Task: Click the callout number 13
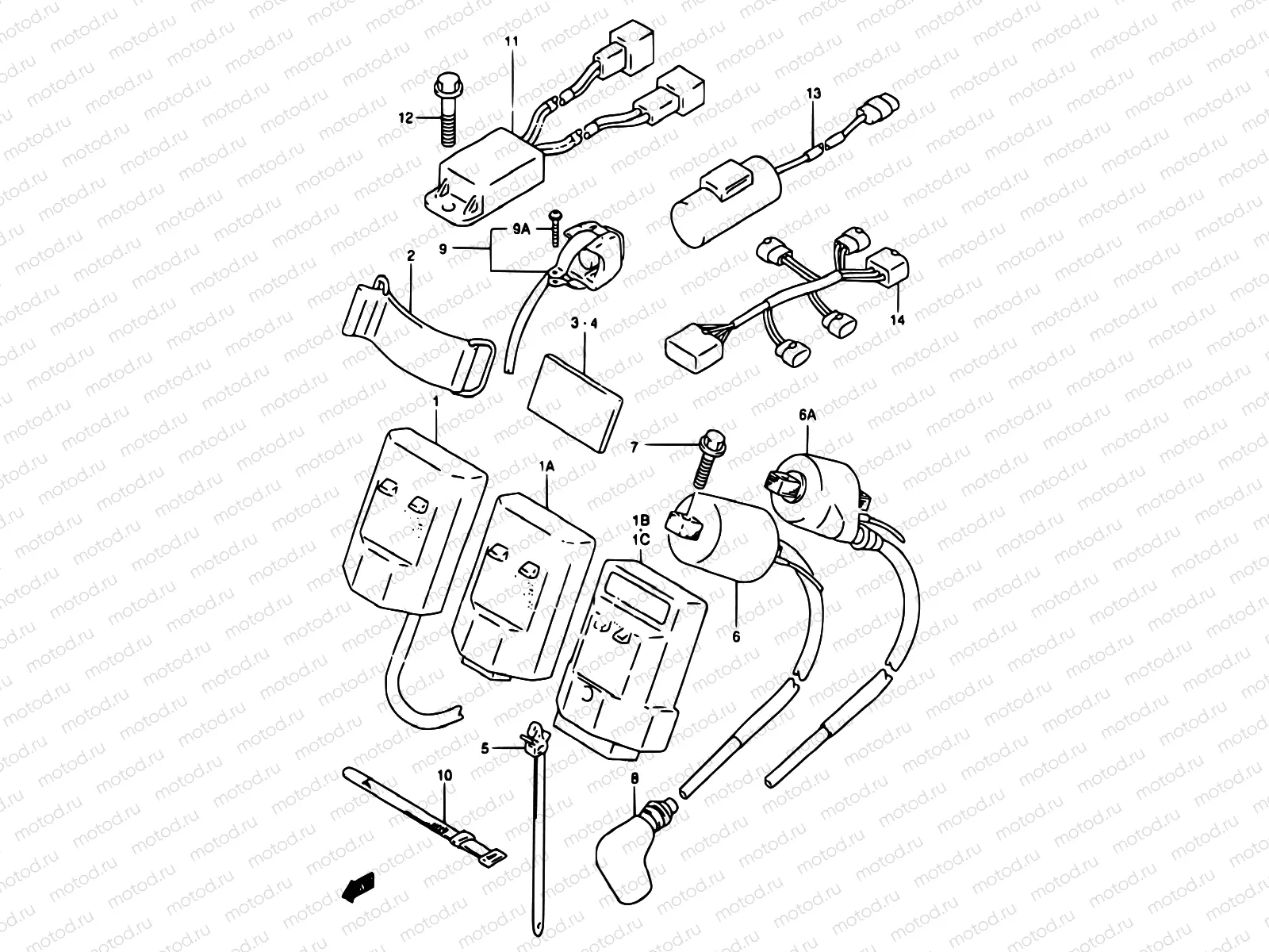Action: [x=814, y=94]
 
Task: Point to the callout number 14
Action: [x=898, y=320]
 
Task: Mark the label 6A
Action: [x=807, y=413]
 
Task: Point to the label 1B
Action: [x=641, y=520]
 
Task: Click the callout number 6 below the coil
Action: [x=736, y=636]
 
